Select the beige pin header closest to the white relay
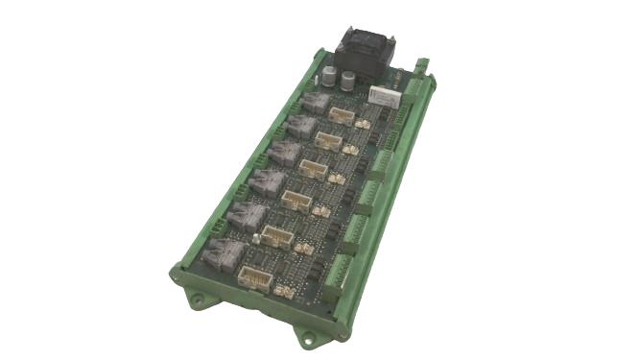click(342, 114)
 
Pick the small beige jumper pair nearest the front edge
click(282, 288)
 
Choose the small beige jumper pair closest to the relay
click(363, 124)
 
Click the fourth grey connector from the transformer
click(266, 180)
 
